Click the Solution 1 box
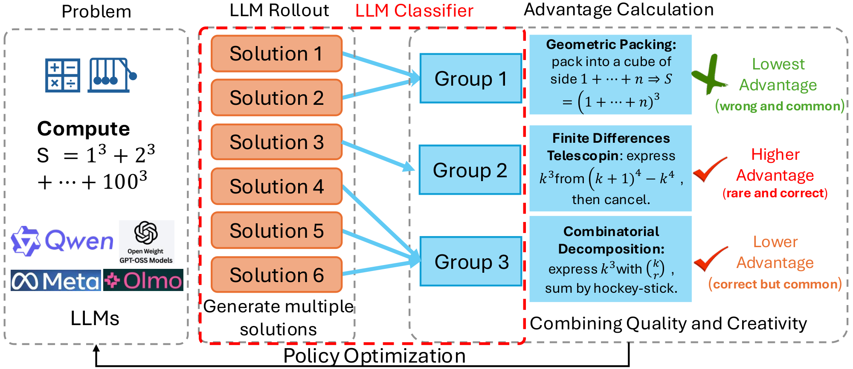[x=276, y=54]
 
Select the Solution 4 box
[x=276, y=186]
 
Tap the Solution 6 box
[x=276, y=275]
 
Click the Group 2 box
[x=470, y=170]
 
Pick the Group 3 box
[x=471, y=262]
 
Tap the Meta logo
[x=56, y=280]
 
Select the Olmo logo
[x=143, y=280]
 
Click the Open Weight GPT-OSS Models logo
[x=146, y=242]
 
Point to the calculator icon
[x=63, y=75]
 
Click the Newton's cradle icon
[x=112, y=75]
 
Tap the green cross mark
[x=709, y=75]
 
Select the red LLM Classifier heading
[x=414, y=11]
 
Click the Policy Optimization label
[x=374, y=356]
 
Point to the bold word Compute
[x=84, y=129]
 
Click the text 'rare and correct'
[x=775, y=193]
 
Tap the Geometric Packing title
[x=611, y=44]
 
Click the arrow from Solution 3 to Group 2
[x=378, y=156]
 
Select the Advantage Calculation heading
[x=618, y=10]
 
